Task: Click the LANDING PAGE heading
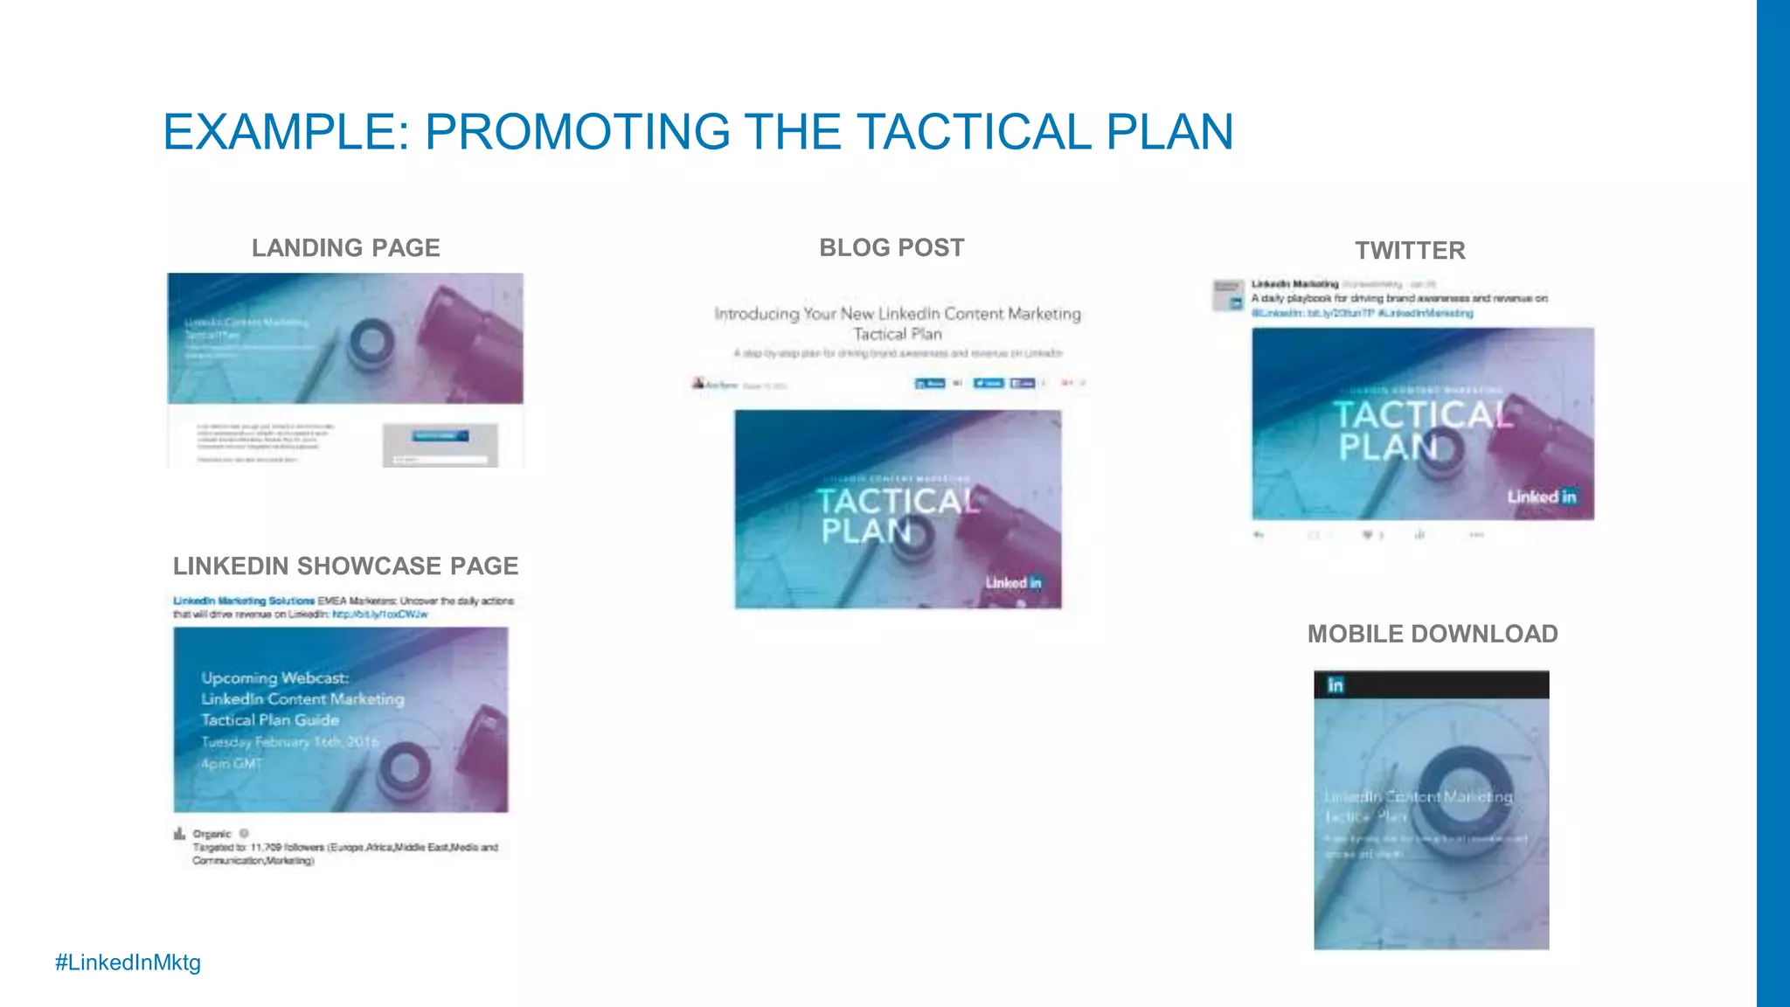[345, 248]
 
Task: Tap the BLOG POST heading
[892, 247]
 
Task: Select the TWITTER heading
[1410, 251]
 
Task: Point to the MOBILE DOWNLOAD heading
[1433, 634]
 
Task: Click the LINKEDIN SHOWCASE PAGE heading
[345, 566]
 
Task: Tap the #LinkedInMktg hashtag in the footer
[128, 962]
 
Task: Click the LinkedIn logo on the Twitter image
[1542, 497]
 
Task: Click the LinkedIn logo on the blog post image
[1014, 582]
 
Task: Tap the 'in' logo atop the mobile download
[1335, 685]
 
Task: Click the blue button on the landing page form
[440, 435]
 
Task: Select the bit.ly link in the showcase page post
[380, 615]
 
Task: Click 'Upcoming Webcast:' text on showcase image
[274, 677]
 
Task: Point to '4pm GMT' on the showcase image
[231, 764]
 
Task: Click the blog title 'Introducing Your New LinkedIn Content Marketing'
[897, 314]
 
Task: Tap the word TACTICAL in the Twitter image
[1422, 414]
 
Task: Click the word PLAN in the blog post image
[865, 531]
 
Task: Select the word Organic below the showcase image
[212, 834]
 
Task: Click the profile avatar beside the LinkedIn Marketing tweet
[1228, 295]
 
